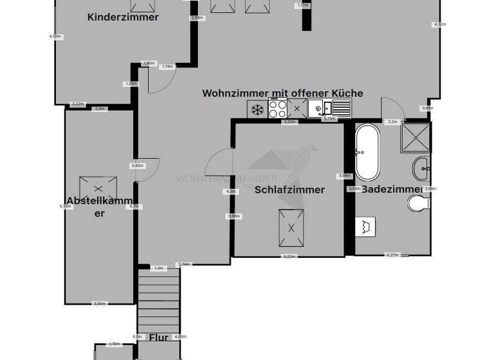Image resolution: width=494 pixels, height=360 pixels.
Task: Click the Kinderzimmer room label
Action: click(x=123, y=17)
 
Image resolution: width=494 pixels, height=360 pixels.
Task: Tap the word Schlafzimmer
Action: click(x=289, y=190)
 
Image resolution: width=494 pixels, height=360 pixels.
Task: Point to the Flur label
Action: click(x=158, y=337)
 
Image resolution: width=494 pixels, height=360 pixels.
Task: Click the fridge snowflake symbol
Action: click(x=257, y=109)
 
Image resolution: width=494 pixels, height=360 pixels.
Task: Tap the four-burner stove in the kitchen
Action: click(x=278, y=109)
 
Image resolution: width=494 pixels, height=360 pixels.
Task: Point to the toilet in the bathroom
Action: click(x=418, y=204)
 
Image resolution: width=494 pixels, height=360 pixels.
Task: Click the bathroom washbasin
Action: click(x=422, y=169)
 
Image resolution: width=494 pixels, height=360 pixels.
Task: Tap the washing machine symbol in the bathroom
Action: click(x=366, y=226)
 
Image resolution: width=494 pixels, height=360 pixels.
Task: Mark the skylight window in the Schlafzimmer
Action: click(x=291, y=228)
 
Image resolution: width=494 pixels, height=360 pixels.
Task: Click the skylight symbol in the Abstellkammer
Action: click(x=98, y=189)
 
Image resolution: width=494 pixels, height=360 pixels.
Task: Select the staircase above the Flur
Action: click(x=158, y=298)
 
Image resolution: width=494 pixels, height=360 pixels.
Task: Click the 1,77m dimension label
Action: click(x=302, y=5)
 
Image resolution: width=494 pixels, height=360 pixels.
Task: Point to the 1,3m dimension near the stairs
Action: click(x=158, y=267)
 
